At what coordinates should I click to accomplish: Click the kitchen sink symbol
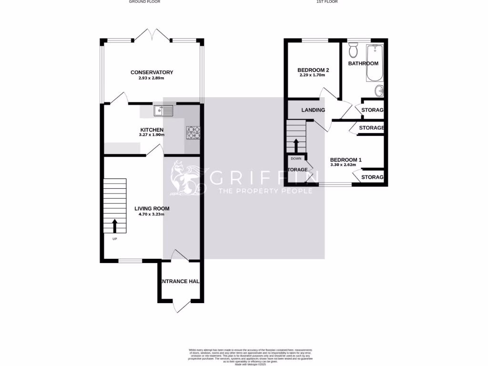pyautogui.click(x=163, y=111)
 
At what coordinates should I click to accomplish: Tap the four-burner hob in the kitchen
pyautogui.click(x=193, y=132)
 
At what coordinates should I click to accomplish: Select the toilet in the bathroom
pyautogui.click(x=353, y=50)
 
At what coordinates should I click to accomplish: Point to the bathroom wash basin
pyautogui.click(x=379, y=90)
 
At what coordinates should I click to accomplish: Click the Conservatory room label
pyautogui.click(x=152, y=72)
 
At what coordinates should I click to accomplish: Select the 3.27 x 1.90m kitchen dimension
pyautogui.click(x=152, y=135)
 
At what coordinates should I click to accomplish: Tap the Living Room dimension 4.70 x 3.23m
pyautogui.click(x=152, y=214)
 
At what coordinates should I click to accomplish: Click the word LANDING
pyautogui.click(x=313, y=110)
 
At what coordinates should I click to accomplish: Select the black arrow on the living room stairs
pyautogui.click(x=114, y=225)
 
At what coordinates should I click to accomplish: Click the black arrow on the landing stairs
pyautogui.click(x=296, y=144)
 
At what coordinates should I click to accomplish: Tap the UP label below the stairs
pyautogui.click(x=114, y=239)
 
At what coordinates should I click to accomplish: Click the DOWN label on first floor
pyautogui.click(x=296, y=158)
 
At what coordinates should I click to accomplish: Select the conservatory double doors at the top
pyautogui.click(x=152, y=35)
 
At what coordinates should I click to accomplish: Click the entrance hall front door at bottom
pyautogui.click(x=181, y=306)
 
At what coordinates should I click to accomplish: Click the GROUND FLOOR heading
pyautogui.click(x=144, y=2)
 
